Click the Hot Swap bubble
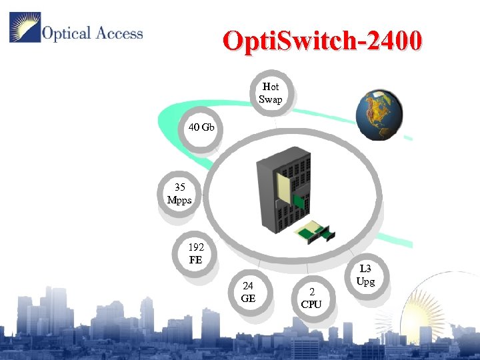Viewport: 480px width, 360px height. pyautogui.click(x=271, y=93)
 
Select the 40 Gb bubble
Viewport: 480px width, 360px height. pyautogui.click(x=201, y=127)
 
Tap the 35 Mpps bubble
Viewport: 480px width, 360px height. pyautogui.click(x=179, y=193)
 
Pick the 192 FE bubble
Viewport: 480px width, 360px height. pyautogui.click(x=195, y=253)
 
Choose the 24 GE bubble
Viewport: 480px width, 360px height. pyautogui.click(x=248, y=292)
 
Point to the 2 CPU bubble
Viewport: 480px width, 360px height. pyautogui.click(x=311, y=298)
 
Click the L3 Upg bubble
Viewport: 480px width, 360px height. pyautogui.click(x=365, y=275)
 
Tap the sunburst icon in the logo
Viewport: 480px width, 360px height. pyautogui.click(x=25, y=27)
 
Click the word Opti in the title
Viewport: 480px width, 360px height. pyautogui.click(x=247, y=41)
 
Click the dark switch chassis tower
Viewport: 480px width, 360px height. pyautogui.click(x=283, y=190)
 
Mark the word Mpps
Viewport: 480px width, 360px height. pyautogui.click(x=179, y=199)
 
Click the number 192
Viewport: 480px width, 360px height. pyautogui.click(x=195, y=247)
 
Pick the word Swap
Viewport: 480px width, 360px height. pyautogui.click(x=271, y=99)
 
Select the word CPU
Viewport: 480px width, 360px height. pyautogui.click(x=311, y=304)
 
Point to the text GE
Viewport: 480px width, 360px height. pyautogui.click(x=248, y=298)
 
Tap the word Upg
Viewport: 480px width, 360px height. pyautogui.click(x=365, y=281)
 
